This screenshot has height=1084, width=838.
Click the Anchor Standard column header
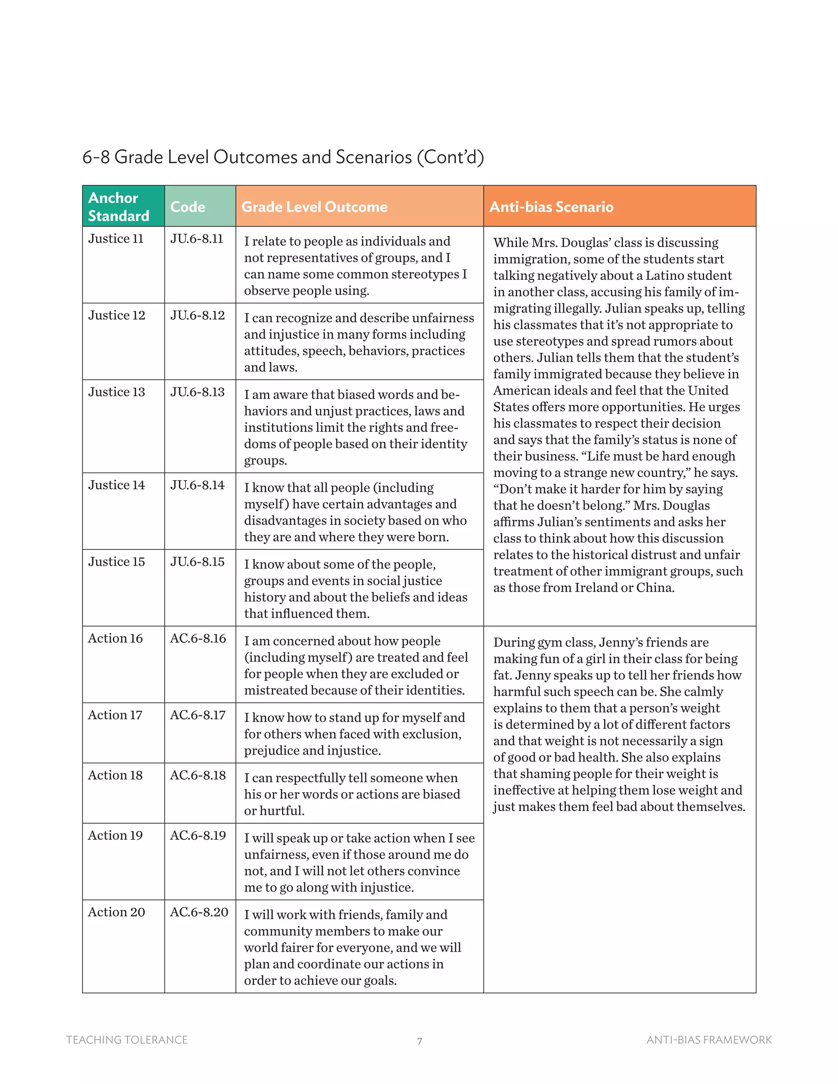point(119,207)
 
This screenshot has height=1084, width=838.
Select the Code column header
point(188,207)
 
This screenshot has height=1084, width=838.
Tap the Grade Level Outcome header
point(314,207)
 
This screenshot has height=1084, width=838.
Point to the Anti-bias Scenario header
point(551,207)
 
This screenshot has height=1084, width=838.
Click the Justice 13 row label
point(117,392)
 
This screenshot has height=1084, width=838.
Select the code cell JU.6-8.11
point(196,239)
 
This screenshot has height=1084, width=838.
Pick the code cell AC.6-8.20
point(199,912)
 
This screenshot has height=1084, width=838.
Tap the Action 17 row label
point(115,715)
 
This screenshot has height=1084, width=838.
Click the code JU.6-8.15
point(197,562)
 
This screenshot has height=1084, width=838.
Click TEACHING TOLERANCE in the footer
point(127,1040)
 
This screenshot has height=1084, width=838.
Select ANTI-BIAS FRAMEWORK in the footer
point(709,1040)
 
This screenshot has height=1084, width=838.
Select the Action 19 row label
point(115,836)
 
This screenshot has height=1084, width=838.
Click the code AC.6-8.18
point(198,775)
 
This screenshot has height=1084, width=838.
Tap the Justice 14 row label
point(117,485)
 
